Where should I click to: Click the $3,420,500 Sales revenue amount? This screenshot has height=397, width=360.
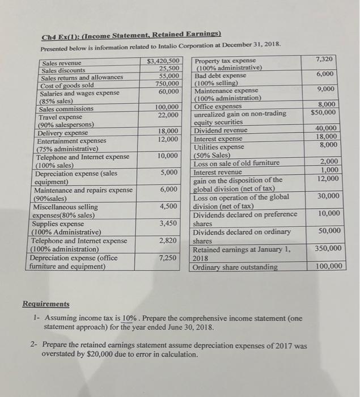pyautogui.click(x=164, y=61)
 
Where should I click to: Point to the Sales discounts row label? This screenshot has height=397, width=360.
pyautogui.click(x=62, y=70)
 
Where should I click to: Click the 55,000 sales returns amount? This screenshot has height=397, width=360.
pyautogui.click(x=170, y=76)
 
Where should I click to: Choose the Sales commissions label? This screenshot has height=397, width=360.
pyautogui.click(x=66, y=109)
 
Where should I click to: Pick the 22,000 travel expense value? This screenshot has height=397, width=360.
pyautogui.click(x=170, y=115)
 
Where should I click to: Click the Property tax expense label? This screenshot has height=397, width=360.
pyautogui.click(x=225, y=61)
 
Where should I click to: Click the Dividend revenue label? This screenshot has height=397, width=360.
pyautogui.click(x=221, y=130)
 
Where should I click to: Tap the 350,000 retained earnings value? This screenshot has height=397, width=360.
pyautogui.click(x=328, y=248)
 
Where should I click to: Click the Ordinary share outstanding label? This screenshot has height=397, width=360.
pyautogui.click(x=235, y=267)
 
